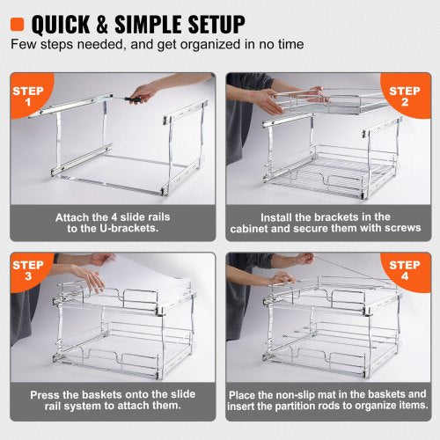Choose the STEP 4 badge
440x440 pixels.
tap(407, 271)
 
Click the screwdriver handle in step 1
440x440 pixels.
tap(134, 99)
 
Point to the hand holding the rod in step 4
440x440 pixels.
tap(303, 259)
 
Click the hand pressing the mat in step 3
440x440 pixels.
tap(90, 278)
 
